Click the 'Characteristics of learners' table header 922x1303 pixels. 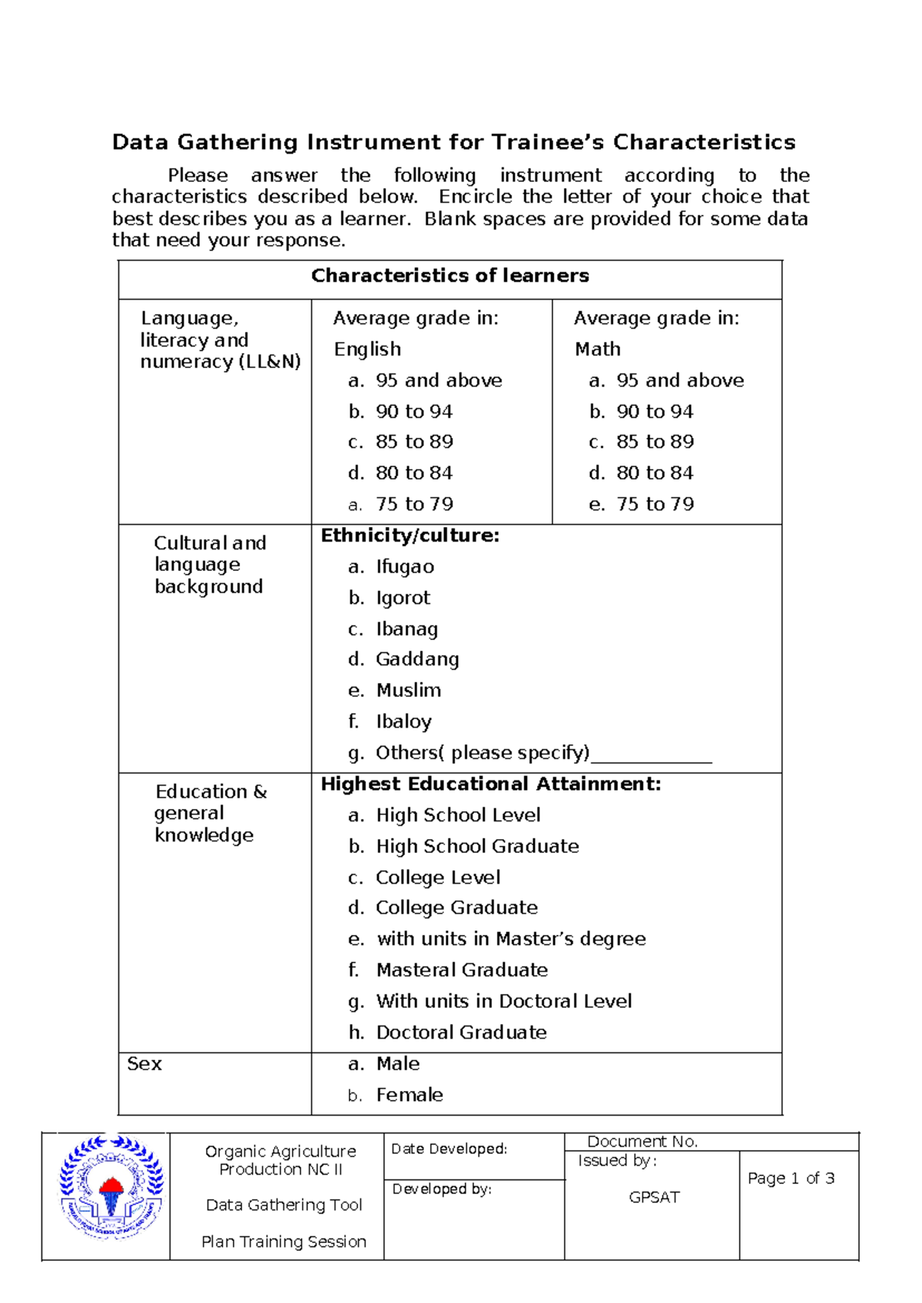pos(449,276)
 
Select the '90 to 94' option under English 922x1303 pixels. pos(413,412)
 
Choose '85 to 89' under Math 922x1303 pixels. pos(655,442)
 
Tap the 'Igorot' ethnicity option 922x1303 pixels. pos(403,598)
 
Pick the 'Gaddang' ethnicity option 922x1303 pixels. pos(417,659)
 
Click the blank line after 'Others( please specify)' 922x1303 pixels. pos(652,754)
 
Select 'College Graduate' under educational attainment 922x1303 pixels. pos(456,907)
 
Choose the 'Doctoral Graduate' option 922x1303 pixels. pos(461,1032)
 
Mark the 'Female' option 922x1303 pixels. pos(410,1095)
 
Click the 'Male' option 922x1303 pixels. pos(398,1063)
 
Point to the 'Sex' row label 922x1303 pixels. pos(144,1063)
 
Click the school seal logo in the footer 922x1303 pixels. pos(111,1187)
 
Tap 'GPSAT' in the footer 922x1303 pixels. pos(654,1197)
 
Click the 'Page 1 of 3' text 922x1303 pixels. pos(791,1178)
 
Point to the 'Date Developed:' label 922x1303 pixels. pos(449,1149)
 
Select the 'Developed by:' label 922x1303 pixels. pos(442,1189)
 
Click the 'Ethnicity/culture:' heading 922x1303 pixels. pos(410,535)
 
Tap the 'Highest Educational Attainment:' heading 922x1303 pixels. pos(490,784)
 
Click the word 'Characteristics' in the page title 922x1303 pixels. pos(704,142)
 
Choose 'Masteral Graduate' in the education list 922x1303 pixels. pos(462,970)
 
